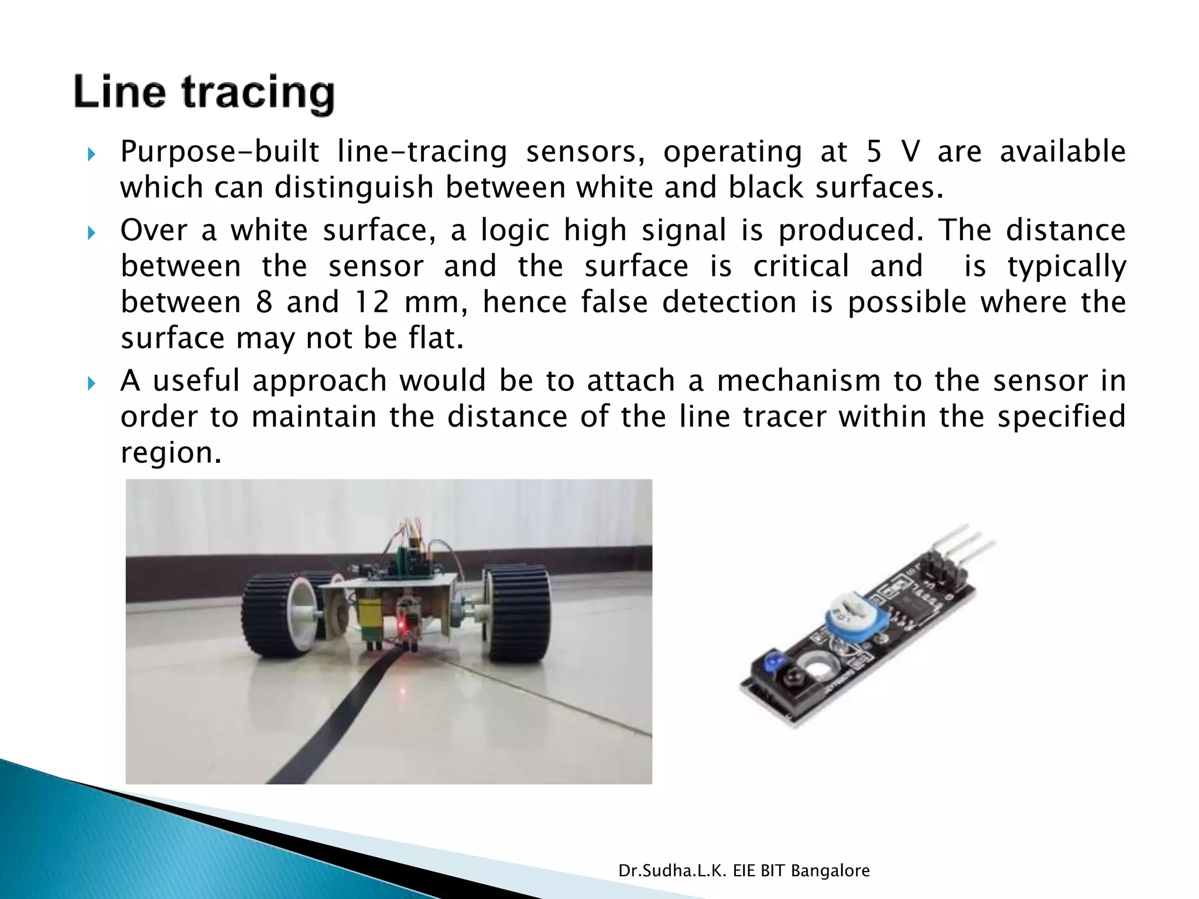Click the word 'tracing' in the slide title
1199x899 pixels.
(x=258, y=94)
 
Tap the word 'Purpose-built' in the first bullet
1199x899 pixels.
(x=220, y=152)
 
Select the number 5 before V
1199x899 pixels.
(x=873, y=152)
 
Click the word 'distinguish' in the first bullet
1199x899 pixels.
(x=354, y=188)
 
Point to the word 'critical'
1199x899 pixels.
(x=801, y=266)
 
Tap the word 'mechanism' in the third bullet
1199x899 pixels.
(x=799, y=381)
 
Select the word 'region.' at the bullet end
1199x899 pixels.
(x=171, y=453)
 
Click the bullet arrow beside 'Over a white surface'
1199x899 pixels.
(x=91, y=234)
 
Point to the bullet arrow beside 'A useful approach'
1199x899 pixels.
(x=91, y=384)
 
